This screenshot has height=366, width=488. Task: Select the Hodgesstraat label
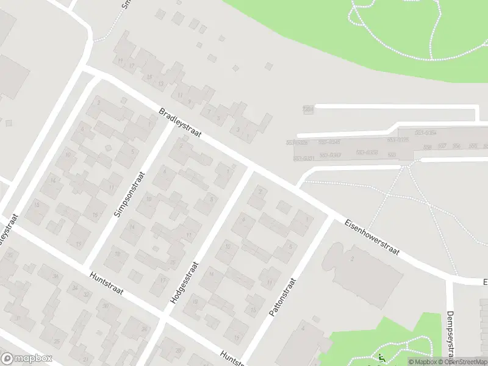[x=184, y=284]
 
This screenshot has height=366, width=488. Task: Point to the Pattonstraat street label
[x=282, y=297]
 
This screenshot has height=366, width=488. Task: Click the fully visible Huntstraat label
[x=106, y=282]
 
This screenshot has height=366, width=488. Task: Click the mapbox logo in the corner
[x=27, y=359]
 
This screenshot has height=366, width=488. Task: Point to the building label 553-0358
[x=367, y=152]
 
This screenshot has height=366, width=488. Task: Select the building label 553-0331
[x=304, y=159]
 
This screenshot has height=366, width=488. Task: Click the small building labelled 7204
[x=308, y=109]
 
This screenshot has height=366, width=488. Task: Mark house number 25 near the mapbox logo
[x=57, y=341]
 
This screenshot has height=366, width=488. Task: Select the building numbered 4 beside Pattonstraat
[x=303, y=328]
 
